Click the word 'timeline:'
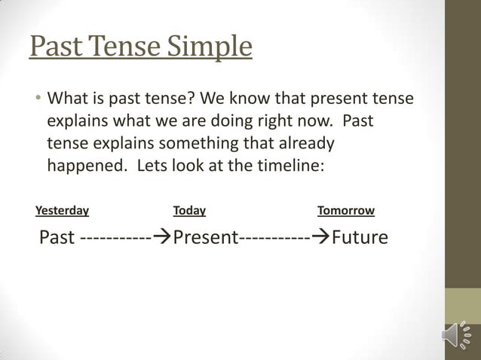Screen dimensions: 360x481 tap(292, 165)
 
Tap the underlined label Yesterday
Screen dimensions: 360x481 tap(62, 211)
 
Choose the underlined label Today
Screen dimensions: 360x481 tap(189, 211)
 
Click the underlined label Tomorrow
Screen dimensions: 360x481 tap(346, 211)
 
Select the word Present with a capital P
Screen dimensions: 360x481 tap(206, 238)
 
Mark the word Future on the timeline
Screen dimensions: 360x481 tap(360, 238)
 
